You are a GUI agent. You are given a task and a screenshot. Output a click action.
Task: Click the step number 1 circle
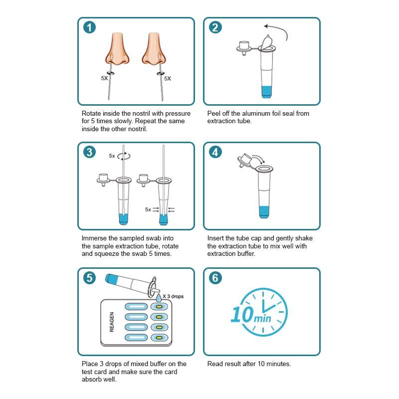tap(89, 27)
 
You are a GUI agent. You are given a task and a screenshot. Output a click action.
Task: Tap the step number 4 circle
tap(215, 152)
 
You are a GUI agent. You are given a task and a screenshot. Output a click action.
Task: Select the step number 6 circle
tap(215, 278)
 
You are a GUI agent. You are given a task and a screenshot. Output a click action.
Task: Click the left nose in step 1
tap(118, 48)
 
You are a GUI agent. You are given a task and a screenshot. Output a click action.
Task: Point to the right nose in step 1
tap(154, 48)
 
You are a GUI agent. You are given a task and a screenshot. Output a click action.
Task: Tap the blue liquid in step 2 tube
tap(266, 92)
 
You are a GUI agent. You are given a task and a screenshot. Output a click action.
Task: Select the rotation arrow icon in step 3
tap(124, 156)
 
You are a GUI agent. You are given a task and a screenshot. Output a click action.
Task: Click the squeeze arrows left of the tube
tap(156, 209)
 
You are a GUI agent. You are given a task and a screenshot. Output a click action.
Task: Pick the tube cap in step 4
tap(244, 160)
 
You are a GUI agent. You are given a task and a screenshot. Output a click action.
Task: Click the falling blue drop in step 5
tap(159, 297)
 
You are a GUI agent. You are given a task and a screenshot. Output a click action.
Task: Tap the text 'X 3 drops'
tap(173, 296)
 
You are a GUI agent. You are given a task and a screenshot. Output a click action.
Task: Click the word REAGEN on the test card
tap(111, 322)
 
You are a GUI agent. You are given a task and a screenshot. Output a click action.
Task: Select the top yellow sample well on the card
tap(159, 307)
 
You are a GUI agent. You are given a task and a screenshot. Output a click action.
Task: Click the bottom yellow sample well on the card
tap(159, 338)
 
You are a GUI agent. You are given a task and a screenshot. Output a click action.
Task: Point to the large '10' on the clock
tap(242, 314)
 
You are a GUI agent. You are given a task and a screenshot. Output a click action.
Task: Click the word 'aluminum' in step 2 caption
tap(255, 114)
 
